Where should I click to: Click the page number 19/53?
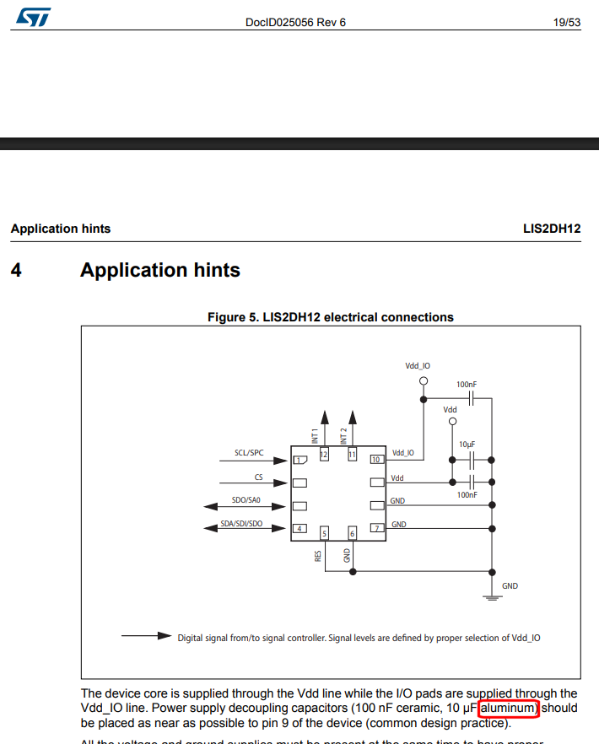pyautogui.click(x=566, y=23)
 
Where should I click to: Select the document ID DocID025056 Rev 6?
pyautogui.click(x=295, y=23)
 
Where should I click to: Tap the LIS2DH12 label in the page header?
pyautogui.click(x=552, y=229)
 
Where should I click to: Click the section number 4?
pyautogui.click(x=17, y=271)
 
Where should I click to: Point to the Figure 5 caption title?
pyautogui.click(x=331, y=318)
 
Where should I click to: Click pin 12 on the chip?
pyautogui.click(x=324, y=455)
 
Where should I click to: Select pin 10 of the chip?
pyautogui.click(x=375, y=460)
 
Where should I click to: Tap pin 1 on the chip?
pyautogui.click(x=299, y=460)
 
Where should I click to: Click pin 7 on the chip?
pyautogui.click(x=375, y=529)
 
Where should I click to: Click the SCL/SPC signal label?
pyautogui.click(x=249, y=453)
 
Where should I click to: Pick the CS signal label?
pyautogui.click(x=259, y=477)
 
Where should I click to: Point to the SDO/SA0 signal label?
pyautogui.click(x=246, y=500)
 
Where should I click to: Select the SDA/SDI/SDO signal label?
pyautogui.click(x=241, y=524)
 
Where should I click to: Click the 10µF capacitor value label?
pyautogui.click(x=467, y=444)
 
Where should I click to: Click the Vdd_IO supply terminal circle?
pyautogui.click(x=424, y=381)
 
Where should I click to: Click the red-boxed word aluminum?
pyautogui.click(x=508, y=709)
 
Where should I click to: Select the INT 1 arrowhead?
pyautogui.click(x=323, y=415)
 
